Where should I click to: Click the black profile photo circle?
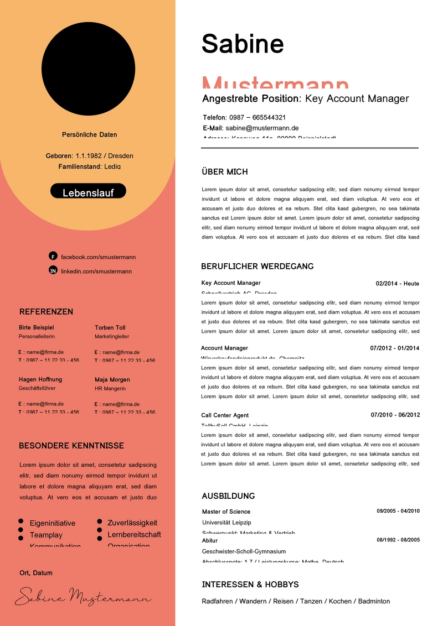(88, 69)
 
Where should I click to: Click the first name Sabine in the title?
(243, 43)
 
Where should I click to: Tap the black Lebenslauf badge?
(88, 191)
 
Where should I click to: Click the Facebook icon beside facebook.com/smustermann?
(53, 256)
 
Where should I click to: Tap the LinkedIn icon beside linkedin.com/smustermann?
(53, 270)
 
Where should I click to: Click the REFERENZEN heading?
(46, 311)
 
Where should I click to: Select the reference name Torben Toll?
(110, 327)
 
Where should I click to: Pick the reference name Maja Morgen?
(112, 379)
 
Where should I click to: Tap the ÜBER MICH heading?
(225, 172)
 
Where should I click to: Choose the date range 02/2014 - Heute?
(397, 284)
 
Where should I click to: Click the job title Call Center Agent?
(225, 415)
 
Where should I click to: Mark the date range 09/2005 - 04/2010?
(398, 511)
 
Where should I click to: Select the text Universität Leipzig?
(226, 522)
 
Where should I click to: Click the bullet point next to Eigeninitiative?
(20, 521)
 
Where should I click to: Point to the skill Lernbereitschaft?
(134, 535)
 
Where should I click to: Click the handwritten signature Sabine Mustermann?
(83, 596)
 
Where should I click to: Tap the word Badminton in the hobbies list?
(374, 601)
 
